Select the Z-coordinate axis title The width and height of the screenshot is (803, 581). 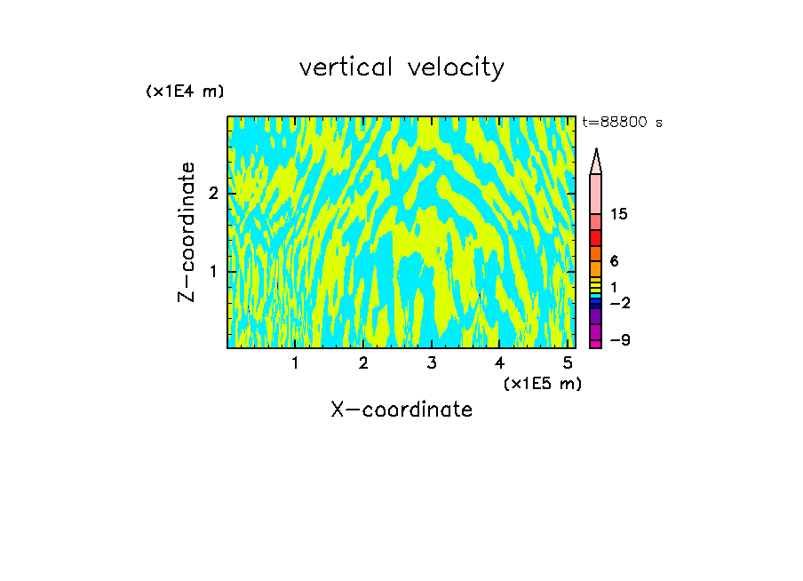pos(187,232)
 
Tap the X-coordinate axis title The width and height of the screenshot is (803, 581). pos(401,410)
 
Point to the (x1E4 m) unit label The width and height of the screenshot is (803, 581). pos(185,92)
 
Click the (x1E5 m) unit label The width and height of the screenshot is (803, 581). pos(542,383)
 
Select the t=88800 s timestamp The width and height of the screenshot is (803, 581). pos(622,123)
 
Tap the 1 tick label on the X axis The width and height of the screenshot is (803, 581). pos(295,363)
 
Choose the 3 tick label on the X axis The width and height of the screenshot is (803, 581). pos(431,363)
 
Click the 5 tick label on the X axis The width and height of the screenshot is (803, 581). pos(567,363)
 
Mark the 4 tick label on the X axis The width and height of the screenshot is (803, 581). pos(499,363)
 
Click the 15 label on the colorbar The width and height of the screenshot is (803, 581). pos(619,215)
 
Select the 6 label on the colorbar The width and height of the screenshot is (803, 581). pos(614,261)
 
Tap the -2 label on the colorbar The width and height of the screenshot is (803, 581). pos(619,303)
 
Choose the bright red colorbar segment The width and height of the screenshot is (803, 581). pos(596,238)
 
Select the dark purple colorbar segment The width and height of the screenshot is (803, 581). pos(596,316)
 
